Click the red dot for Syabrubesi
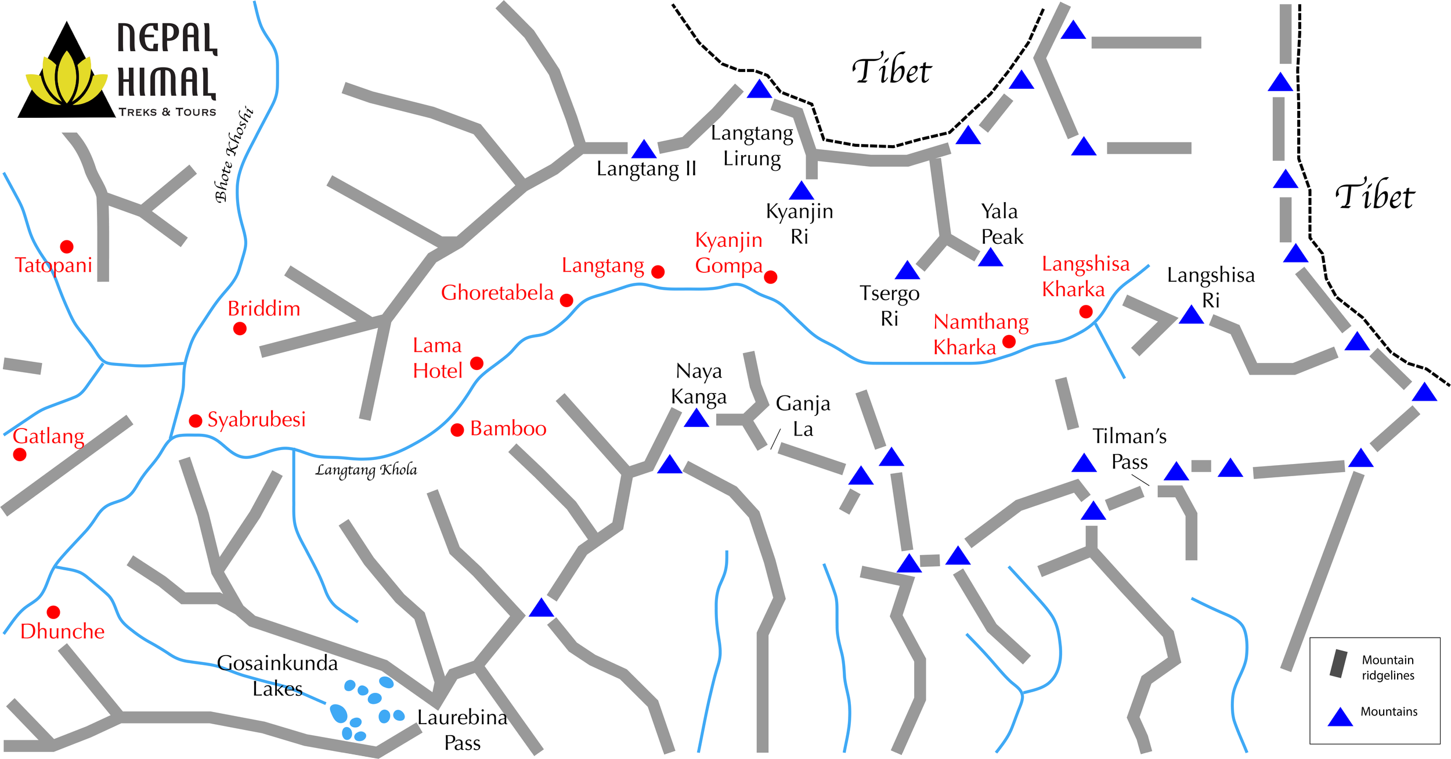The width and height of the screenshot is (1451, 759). (x=196, y=420)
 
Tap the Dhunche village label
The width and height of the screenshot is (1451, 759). (x=62, y=631)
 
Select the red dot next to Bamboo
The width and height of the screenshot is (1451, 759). (x=457, y=430)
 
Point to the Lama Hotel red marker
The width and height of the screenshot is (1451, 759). (x=477, y=364)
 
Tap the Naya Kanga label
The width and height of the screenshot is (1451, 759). (x=699, y=383)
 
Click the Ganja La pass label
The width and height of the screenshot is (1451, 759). (x=803, y=416)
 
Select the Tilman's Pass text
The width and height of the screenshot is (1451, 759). (x=1129, y=449)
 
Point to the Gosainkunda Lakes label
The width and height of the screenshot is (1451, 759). (x=277, y=675)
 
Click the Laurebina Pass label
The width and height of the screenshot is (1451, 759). (x=462, y=730)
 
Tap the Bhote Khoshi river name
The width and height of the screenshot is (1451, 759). (x=234, y=154)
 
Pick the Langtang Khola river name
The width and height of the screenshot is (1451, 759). (x=366, y=470)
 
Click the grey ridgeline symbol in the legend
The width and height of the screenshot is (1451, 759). (x=1339, y=664)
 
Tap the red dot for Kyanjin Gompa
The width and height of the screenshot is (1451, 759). (x=771, y=277)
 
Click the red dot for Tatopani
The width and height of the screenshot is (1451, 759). (x=67, y=247)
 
